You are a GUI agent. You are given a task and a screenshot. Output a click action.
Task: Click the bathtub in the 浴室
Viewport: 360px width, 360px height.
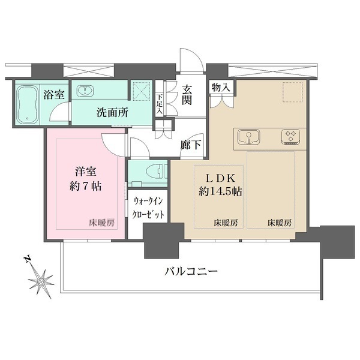coord(27,104)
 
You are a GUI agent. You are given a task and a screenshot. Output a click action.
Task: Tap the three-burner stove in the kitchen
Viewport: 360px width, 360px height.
coord(291,137)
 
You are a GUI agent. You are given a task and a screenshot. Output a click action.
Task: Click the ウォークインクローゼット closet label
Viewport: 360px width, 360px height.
coord(149,208)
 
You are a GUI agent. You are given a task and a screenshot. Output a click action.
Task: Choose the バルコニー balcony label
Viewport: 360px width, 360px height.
coord(191,271)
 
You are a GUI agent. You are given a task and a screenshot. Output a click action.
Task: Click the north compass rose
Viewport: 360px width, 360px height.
coord(42,280)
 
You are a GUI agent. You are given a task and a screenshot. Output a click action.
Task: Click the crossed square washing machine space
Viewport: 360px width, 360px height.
coord(142,91)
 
